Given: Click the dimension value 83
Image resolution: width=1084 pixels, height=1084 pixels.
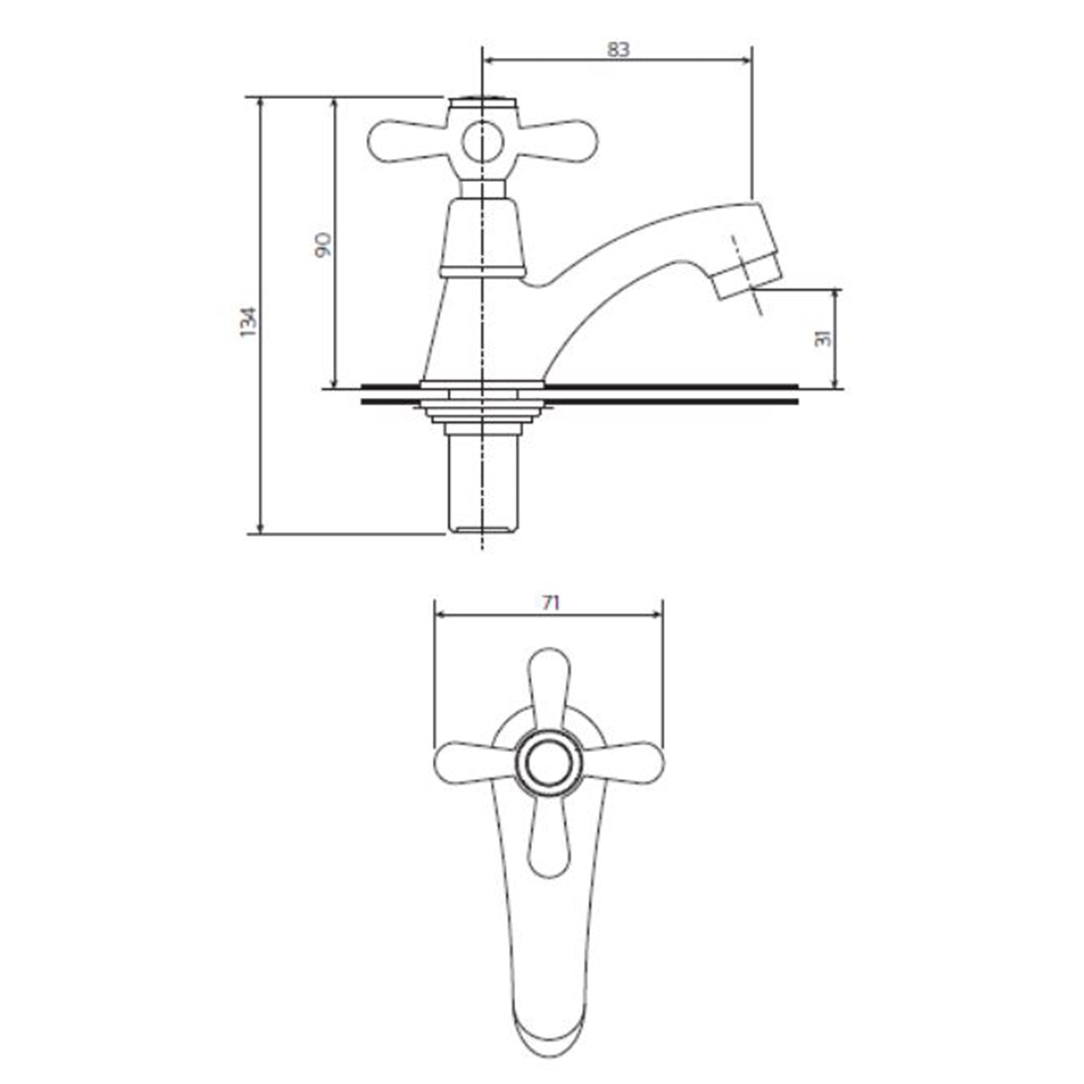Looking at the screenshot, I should tap(618, 50).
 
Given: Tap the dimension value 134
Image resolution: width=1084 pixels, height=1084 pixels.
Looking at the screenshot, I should tap(248, 321).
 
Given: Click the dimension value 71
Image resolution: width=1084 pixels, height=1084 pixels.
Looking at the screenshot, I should tap(552, 603).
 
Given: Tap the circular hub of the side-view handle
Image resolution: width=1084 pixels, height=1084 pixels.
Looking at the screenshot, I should tap(481, 140).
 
